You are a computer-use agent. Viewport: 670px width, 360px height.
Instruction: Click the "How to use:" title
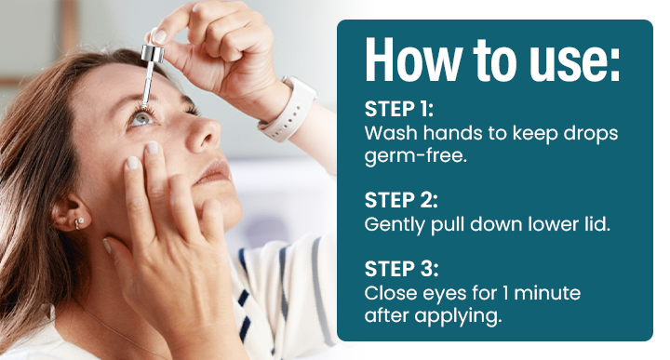492,60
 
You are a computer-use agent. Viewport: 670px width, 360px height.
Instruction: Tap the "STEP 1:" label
398,110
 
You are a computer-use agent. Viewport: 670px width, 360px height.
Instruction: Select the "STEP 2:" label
401,200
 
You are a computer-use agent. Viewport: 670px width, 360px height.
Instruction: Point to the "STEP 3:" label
401,269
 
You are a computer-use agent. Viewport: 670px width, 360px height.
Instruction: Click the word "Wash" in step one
391,133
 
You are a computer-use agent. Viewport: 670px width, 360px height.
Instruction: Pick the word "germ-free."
415,156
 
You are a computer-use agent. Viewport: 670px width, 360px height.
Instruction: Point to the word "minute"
547,293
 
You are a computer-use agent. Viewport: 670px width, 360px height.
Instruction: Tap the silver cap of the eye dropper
153,53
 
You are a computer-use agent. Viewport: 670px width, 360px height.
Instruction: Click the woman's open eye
141,118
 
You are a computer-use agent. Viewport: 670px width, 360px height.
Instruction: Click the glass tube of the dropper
148,84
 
